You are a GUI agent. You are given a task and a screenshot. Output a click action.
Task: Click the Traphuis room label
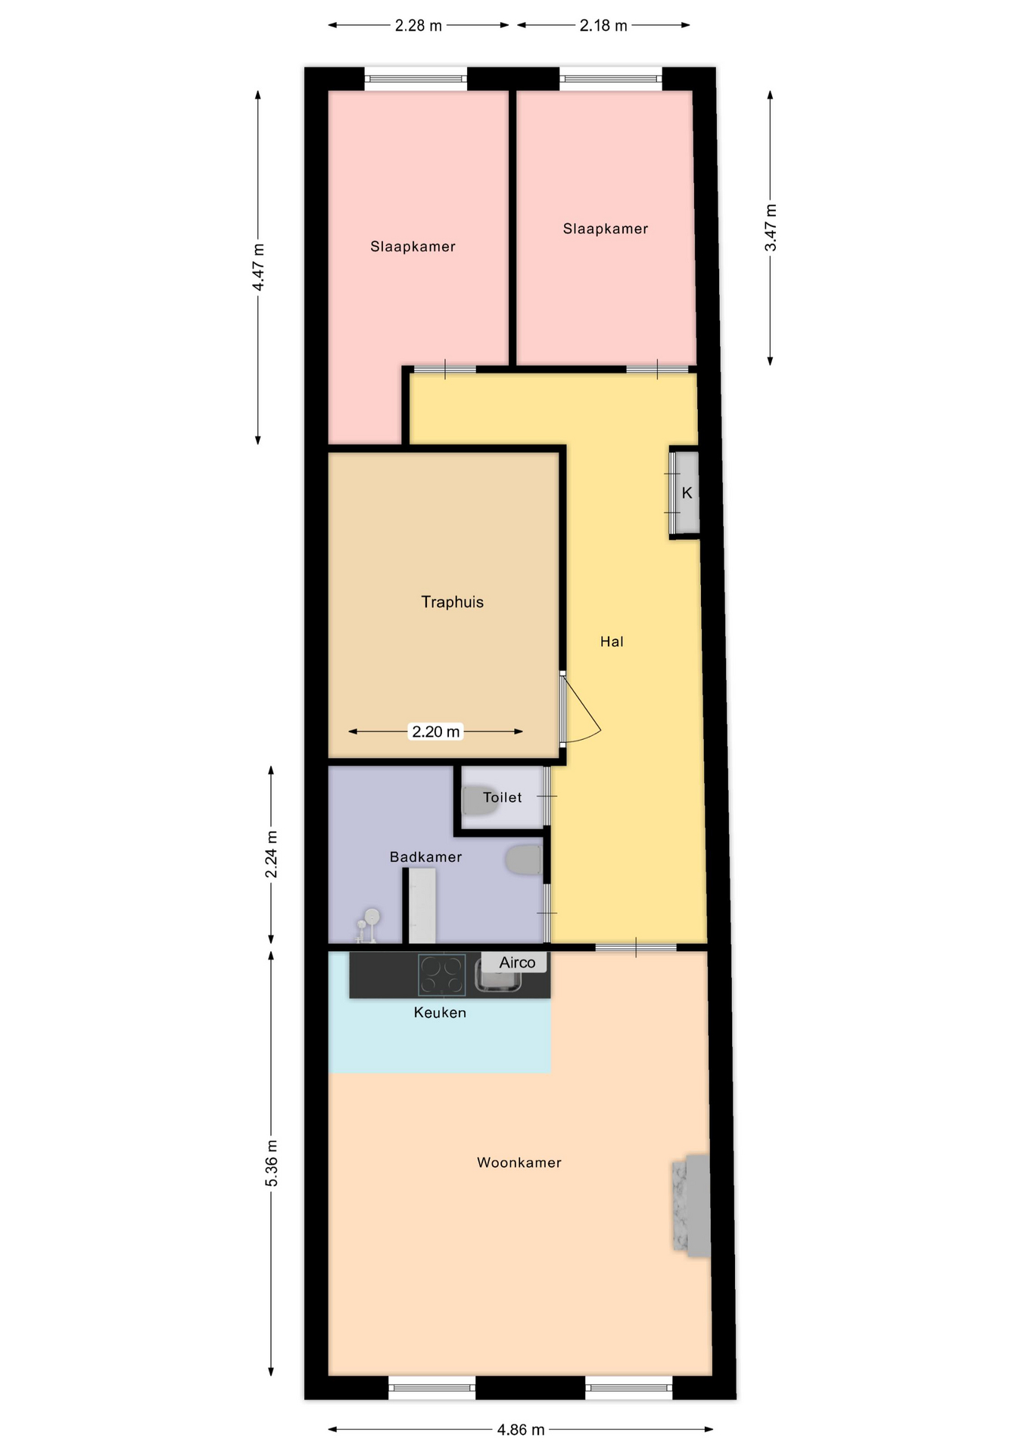point(452,602)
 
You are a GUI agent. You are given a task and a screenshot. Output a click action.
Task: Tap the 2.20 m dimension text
point(435,732)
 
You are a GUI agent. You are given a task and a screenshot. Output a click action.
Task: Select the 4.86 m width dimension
point(521,1430)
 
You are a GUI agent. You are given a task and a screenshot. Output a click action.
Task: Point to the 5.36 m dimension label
point(272,1162)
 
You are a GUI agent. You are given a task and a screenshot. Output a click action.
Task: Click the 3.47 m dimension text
point(771,228)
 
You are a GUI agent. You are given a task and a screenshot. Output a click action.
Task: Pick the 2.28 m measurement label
point(419,26)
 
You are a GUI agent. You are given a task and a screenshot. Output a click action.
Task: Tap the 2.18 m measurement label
point(603,26)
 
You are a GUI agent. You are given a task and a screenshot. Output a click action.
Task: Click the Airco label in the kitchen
point(517,963)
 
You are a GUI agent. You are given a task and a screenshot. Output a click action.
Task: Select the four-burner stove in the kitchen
point(442,975)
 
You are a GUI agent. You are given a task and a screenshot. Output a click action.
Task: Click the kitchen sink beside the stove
point(498,978)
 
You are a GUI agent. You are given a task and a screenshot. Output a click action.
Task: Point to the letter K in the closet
point(687,493)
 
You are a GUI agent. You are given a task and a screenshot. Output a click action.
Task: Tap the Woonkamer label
point(519,1162)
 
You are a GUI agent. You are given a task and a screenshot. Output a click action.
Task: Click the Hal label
point(612,642)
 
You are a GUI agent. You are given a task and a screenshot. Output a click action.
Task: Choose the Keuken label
point(440,1012)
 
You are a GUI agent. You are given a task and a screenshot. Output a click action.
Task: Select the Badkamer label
point(425,857)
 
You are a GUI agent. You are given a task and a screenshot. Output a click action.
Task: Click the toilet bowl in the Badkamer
point(523,860)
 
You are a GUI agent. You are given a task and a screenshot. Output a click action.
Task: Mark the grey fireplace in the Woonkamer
point(691,1206)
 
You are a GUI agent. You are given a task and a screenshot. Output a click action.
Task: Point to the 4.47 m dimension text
point(258,267)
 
